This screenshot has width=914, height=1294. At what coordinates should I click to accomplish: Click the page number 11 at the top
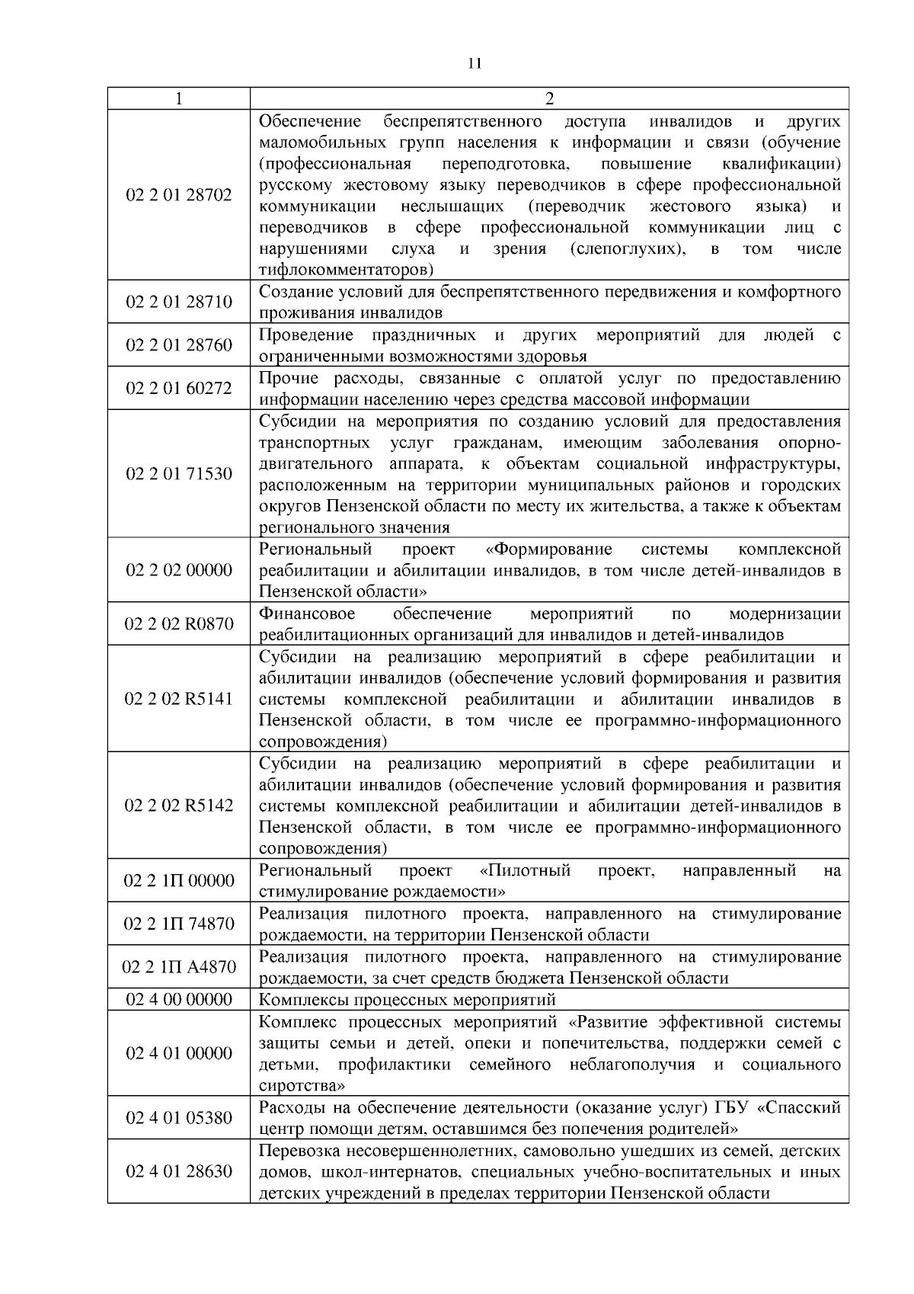tap(474, 63)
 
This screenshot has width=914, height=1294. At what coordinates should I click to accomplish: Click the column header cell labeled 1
tap(178, 99)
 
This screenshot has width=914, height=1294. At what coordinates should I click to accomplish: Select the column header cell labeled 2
tap(549, 99)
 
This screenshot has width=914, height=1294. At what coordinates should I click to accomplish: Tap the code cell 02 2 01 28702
tap(178, 195)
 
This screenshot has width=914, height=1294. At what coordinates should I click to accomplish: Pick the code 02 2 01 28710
tap(178, 302)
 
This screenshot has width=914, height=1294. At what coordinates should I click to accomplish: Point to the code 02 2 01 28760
tap(178, 345)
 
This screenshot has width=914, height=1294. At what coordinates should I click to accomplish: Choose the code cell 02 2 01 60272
tap(178, 389)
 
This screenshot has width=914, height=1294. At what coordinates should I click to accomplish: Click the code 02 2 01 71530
tap(178, 474)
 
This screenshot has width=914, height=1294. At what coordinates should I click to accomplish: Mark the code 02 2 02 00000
tap(178, 570)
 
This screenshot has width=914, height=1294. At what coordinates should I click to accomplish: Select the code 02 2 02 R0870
tap(178, 624)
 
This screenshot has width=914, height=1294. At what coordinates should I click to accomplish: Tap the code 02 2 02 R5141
tap(178, 699)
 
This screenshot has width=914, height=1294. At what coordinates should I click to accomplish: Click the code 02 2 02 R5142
tap(178, 806)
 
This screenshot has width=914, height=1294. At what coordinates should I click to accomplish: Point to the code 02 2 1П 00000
tap(178, 881)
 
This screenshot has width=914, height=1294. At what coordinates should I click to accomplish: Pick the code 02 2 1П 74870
tap(178, 924)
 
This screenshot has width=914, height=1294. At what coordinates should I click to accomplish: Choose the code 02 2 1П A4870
tap(178, 968)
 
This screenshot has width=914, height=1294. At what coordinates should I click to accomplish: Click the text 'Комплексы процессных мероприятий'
tap(407, 1000)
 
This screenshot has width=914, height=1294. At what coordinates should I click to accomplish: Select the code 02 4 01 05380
tap(178, 1118)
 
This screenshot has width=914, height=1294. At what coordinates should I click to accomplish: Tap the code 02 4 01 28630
tap(178, 1171)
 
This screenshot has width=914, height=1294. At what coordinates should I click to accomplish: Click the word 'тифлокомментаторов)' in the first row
tap(347, 270)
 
